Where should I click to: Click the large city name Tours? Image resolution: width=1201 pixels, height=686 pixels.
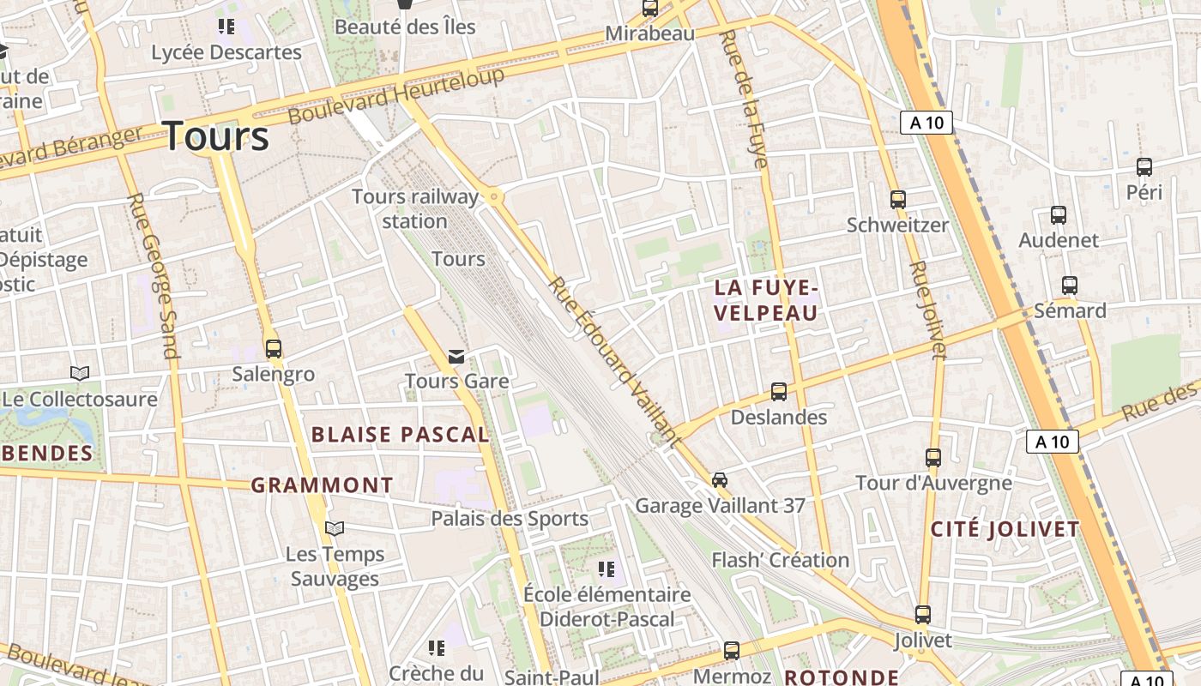215,136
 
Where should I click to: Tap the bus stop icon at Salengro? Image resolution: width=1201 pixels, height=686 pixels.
274,349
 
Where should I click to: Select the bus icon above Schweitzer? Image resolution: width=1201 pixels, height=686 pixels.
898,200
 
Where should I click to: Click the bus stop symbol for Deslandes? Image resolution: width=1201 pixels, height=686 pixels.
779,392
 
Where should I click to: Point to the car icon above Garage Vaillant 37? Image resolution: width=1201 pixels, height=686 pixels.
720,479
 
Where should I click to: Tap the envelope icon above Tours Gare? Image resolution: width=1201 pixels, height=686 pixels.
456,356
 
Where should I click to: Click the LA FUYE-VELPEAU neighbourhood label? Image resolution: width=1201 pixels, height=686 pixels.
766,300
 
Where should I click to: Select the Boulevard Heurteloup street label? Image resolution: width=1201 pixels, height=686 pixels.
396,95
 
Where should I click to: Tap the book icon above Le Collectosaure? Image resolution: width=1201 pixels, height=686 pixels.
80,373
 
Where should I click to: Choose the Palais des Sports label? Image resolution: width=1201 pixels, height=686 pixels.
510,518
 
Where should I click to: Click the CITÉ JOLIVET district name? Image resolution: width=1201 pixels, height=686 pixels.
1005,529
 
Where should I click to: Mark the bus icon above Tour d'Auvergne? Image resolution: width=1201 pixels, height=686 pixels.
933,457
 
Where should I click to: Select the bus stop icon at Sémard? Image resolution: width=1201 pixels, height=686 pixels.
1069,285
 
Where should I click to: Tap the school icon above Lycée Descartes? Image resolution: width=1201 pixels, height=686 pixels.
226,27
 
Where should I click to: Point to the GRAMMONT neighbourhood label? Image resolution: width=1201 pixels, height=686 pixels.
322,485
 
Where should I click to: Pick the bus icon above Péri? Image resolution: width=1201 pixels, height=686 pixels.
1144,166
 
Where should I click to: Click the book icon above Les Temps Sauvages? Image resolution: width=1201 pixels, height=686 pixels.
335,528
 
